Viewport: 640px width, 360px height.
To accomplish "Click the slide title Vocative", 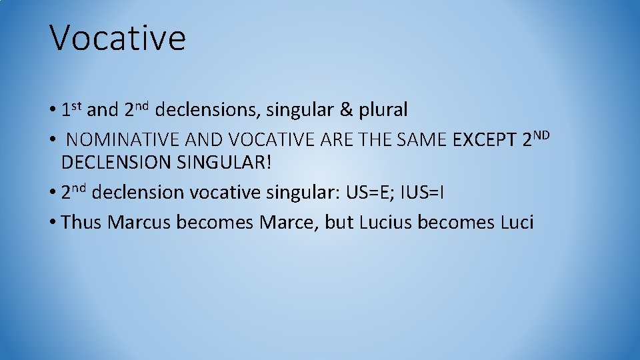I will coord(118,38).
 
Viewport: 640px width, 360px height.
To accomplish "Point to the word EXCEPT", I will coord(485,141).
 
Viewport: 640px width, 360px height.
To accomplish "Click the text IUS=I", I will coord(424,193).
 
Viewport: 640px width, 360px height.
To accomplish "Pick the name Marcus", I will coord(139,222).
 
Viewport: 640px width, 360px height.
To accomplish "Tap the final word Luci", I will coord(517,222).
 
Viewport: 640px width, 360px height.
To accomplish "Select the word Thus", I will coord(81,222).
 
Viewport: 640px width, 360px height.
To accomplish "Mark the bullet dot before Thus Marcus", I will coord(53,223).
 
